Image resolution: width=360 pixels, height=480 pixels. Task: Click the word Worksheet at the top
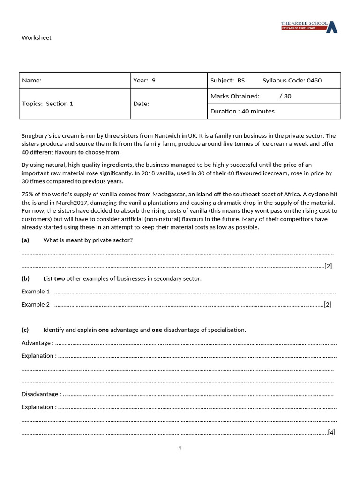[x=37, y=38]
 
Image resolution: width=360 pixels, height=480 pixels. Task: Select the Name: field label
[x=32, y=81]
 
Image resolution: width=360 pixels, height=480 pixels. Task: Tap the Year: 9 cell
[x=144, y=81]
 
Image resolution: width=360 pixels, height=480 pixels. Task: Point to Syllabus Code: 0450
[x=292, y=81]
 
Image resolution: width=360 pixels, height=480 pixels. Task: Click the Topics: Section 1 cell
[x=48, y=104]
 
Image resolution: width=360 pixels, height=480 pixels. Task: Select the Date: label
[x=141, y=104]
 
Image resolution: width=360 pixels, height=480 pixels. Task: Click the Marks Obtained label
[x=235, y=96]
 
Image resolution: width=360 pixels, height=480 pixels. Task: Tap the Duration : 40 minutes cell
[x=242, y=112]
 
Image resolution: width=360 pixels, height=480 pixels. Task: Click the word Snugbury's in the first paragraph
[x=36, y=136]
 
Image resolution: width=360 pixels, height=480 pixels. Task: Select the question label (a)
[x=25, y=240]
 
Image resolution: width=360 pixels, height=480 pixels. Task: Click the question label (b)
[x=25, y=279]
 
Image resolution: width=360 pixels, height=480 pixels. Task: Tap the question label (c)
[x=25, y=330]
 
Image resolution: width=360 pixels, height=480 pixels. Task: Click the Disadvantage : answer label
[x=41, y=394]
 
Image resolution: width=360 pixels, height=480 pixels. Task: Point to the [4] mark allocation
[x=331, y=432]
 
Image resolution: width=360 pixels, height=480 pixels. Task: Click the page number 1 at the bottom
[x=180, y=449]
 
